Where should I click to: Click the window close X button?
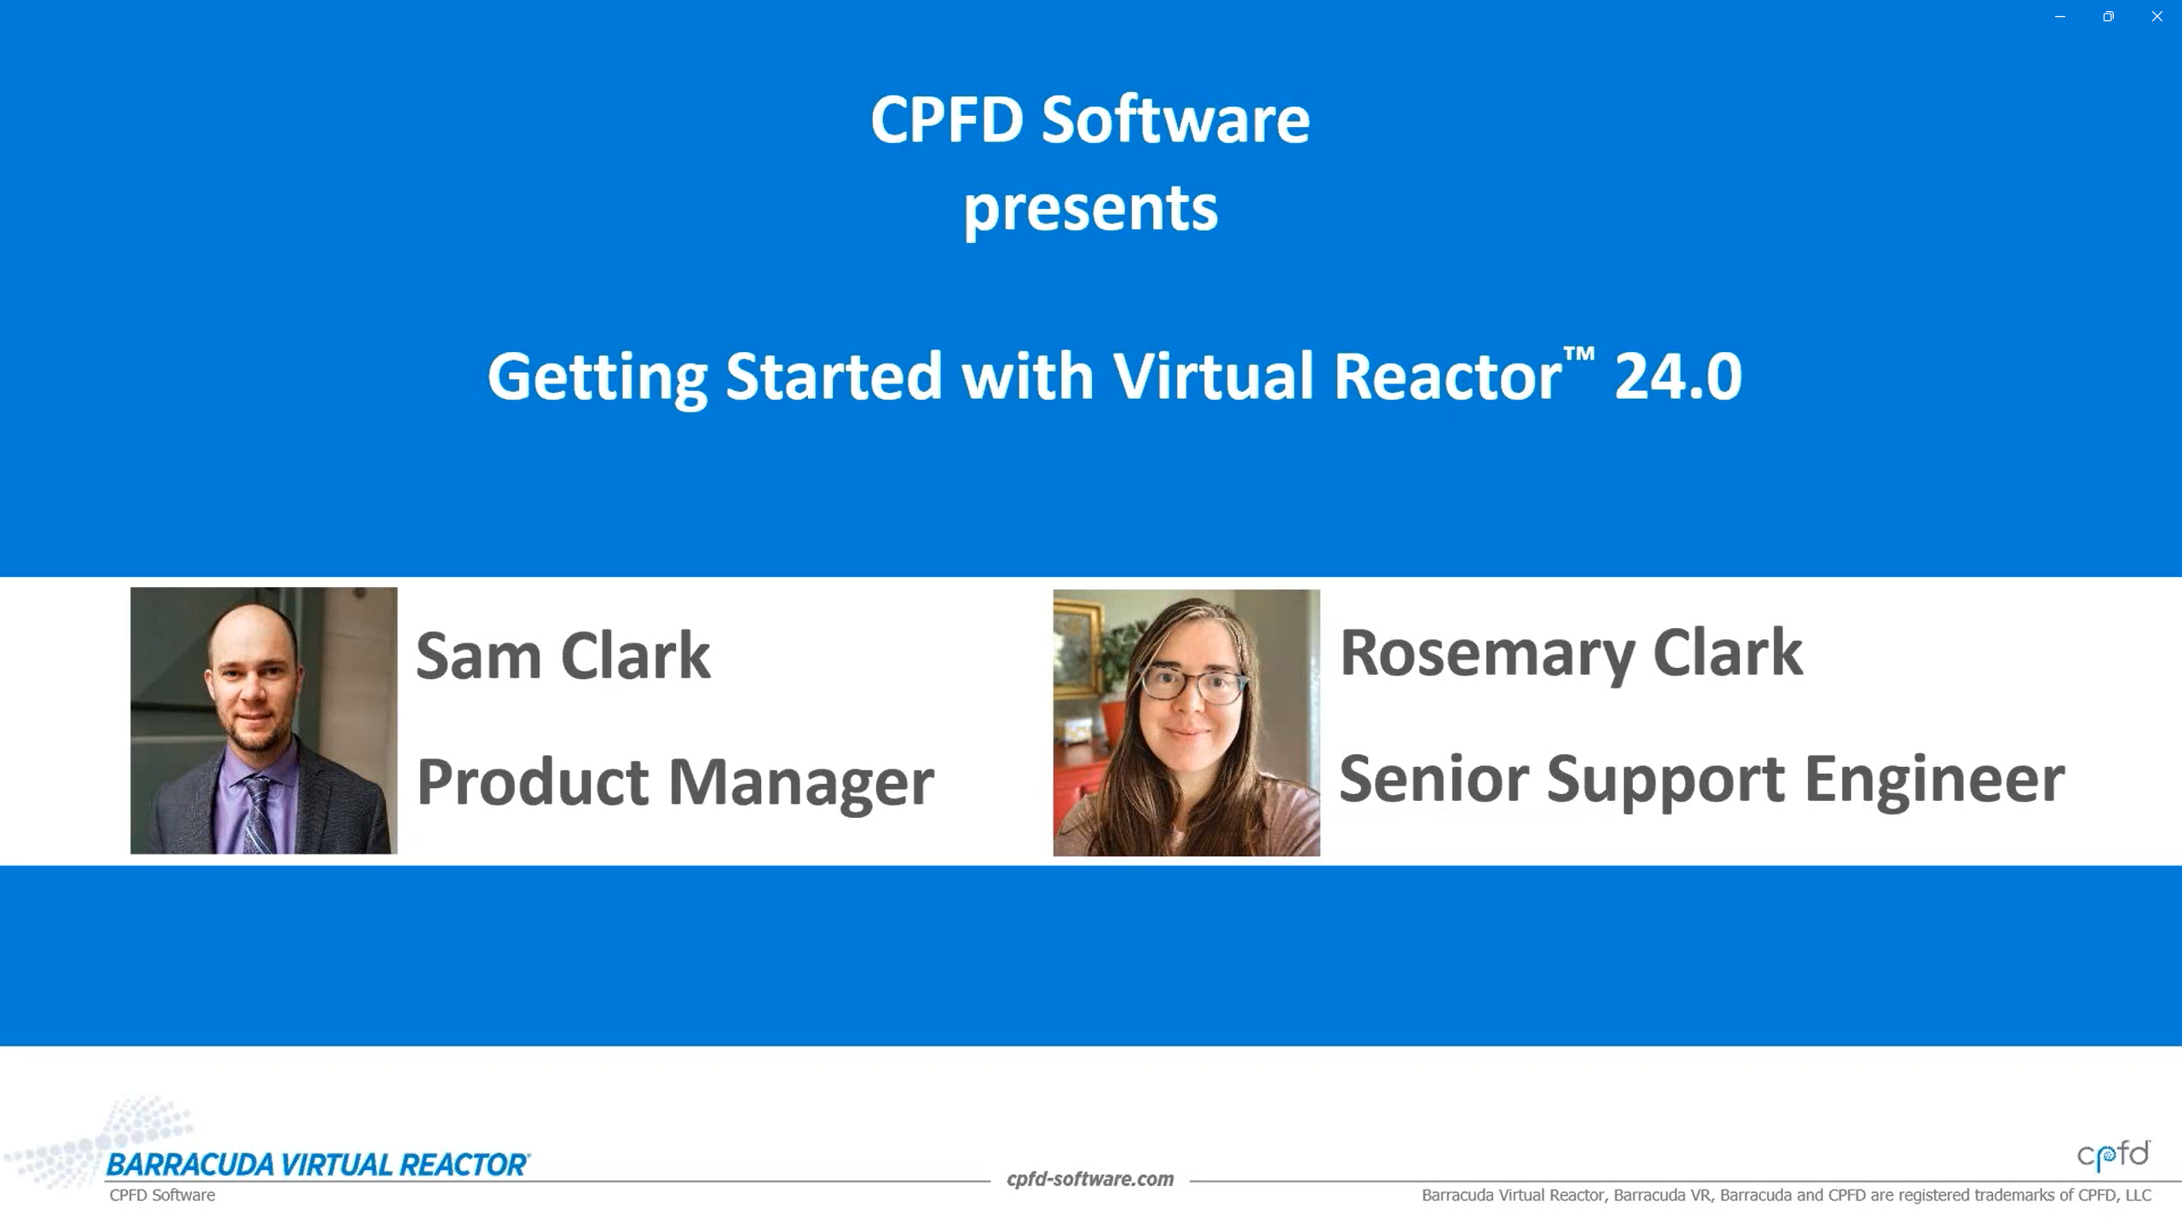(x=2156, y=16)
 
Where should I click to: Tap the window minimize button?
(x=2060, y=16)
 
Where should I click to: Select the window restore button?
(x=2108, y=16)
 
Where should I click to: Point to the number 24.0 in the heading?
(x=1677, y=376)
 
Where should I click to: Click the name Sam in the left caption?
(x=478, y=656)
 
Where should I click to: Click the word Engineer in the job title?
(x=1934, y=781)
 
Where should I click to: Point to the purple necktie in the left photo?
(x=259, y=814)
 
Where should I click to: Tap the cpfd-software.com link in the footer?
(x=1090, y=1179)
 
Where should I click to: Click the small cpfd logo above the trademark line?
(x=2114, y=1155)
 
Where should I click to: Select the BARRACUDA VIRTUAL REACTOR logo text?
(x=318, y=1165)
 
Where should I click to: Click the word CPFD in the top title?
(x=946, y=119)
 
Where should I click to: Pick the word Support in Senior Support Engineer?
(x=1665, y=781)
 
